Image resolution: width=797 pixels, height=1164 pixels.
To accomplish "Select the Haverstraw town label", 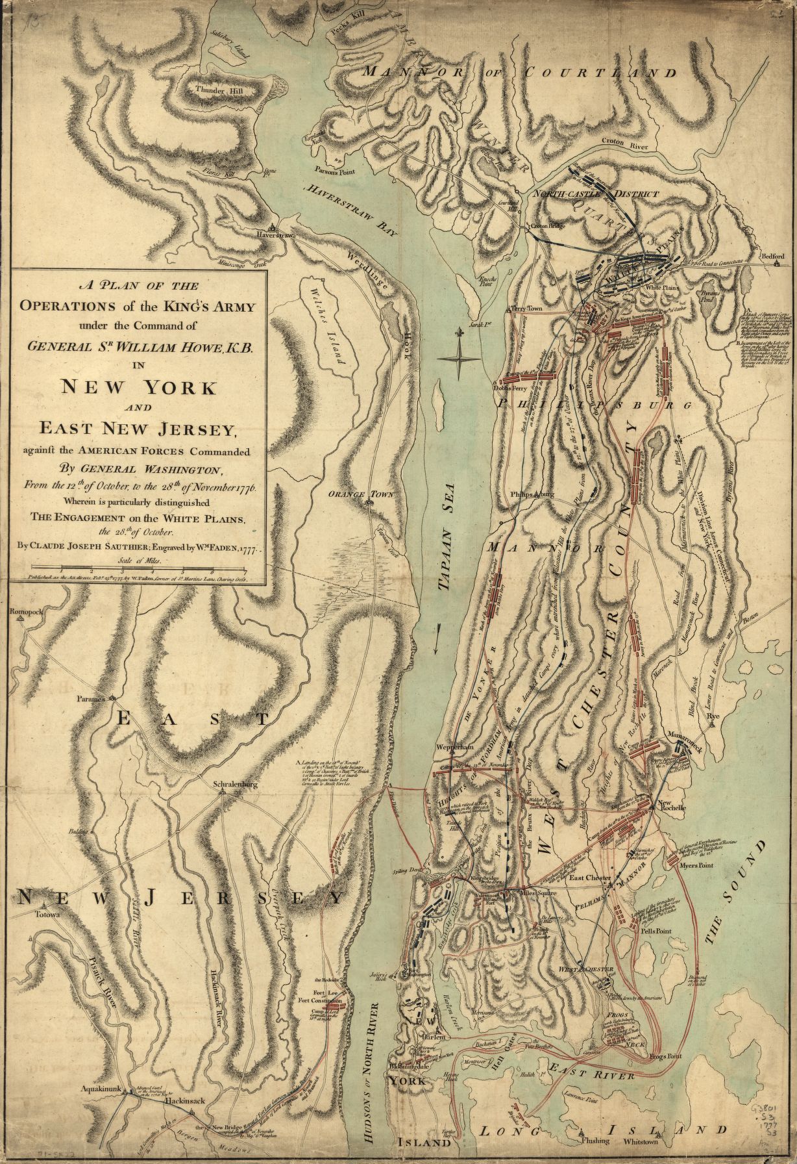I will [275, 234].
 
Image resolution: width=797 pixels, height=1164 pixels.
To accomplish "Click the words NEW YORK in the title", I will [138, 387].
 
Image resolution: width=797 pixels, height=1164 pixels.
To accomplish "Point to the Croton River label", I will [626, 147].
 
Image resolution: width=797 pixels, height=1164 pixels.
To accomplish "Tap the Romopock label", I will [25, 612].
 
